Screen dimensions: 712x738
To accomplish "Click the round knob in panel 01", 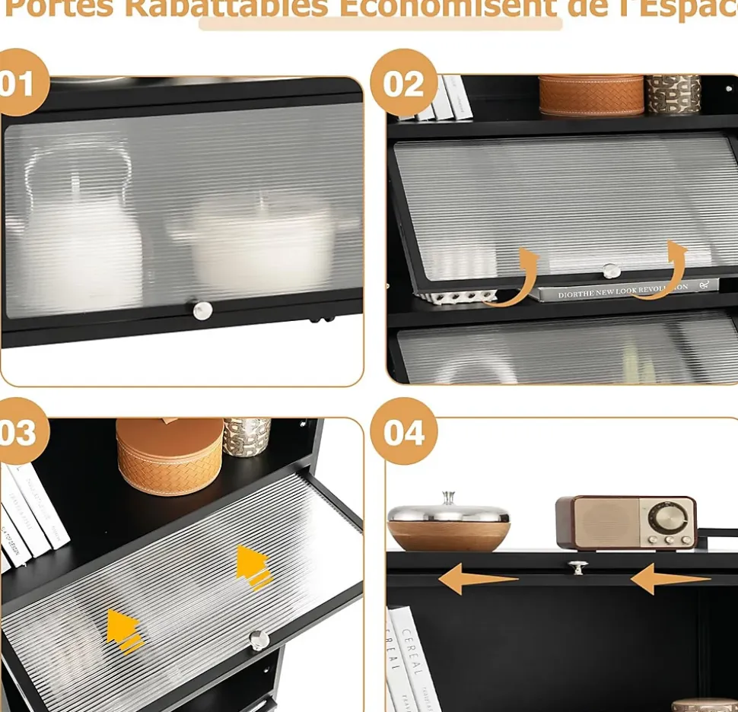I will click(x=202, y=310).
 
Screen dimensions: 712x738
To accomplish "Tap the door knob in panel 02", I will click(x=611, y=271).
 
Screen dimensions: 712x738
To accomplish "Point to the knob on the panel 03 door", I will click(x=259, y=640).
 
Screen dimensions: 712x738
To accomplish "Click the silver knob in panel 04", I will click(x=577, y=567).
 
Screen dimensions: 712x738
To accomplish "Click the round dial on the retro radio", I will click(x=667, y=518).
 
